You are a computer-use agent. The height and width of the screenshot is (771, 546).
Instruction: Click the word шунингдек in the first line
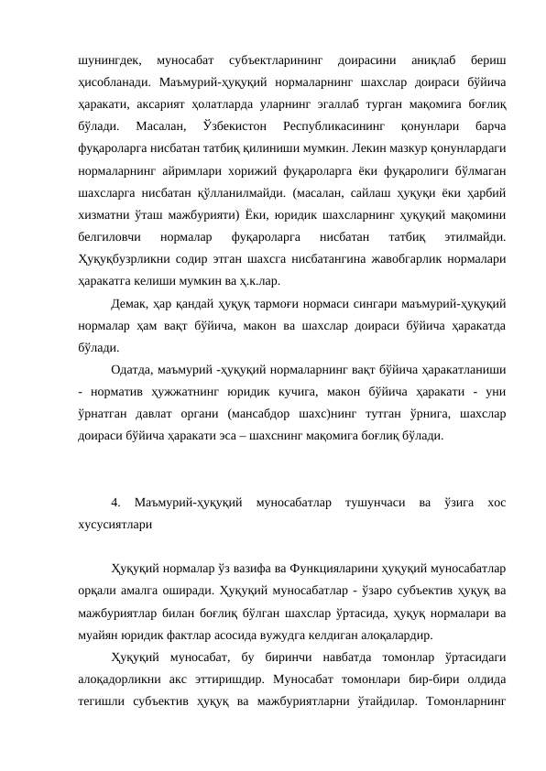click(x=104, y=60)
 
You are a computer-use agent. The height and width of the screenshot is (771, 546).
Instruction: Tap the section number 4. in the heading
click(x=115, y=503)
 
